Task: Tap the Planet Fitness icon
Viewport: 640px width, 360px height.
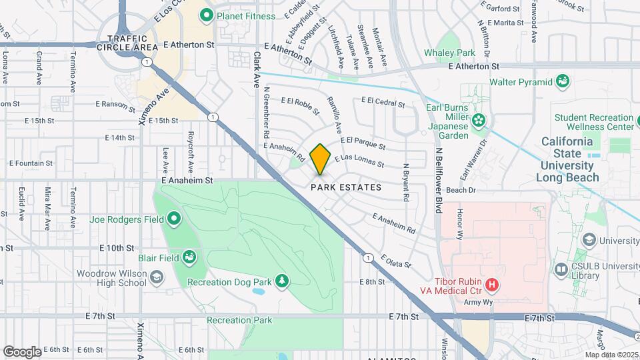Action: click(207, 14)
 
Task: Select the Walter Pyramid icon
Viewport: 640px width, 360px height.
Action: click(563, 82)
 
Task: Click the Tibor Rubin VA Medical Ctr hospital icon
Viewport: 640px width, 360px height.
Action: click(492, 285)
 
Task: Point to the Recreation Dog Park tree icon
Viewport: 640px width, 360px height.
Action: click(282, 281)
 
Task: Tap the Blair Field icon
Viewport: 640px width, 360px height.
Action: click(190, 257)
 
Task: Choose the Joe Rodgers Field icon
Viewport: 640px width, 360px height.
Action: click(174, 218)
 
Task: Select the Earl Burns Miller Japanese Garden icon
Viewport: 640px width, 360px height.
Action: click(478, 121)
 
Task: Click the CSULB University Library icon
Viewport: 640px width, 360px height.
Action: click(561, 269)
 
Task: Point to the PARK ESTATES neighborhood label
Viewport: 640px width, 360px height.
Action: click(346, 188)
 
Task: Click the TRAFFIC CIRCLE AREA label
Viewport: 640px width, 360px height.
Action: click(127, 43)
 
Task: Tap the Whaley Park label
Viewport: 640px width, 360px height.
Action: click(449, 53)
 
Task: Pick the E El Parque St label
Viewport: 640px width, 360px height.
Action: click(363, 143)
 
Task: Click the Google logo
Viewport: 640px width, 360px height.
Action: click(22, 351)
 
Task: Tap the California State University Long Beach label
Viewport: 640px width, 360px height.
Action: click(568, 160)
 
